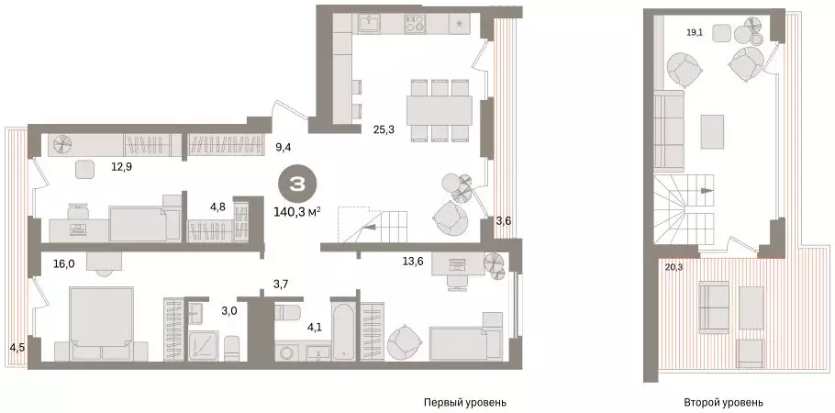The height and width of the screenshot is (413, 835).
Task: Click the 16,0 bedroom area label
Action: click(x=64, y=263)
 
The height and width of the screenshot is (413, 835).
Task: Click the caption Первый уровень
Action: click(x=464, y=402)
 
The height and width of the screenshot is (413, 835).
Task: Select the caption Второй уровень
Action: click(x=723, y=402)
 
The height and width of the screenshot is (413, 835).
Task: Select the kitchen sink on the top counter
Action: click(x=369, y=21)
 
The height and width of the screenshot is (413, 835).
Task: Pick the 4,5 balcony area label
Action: click(x=17, y=346)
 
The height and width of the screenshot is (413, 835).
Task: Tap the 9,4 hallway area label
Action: click(x=284, y=144)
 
